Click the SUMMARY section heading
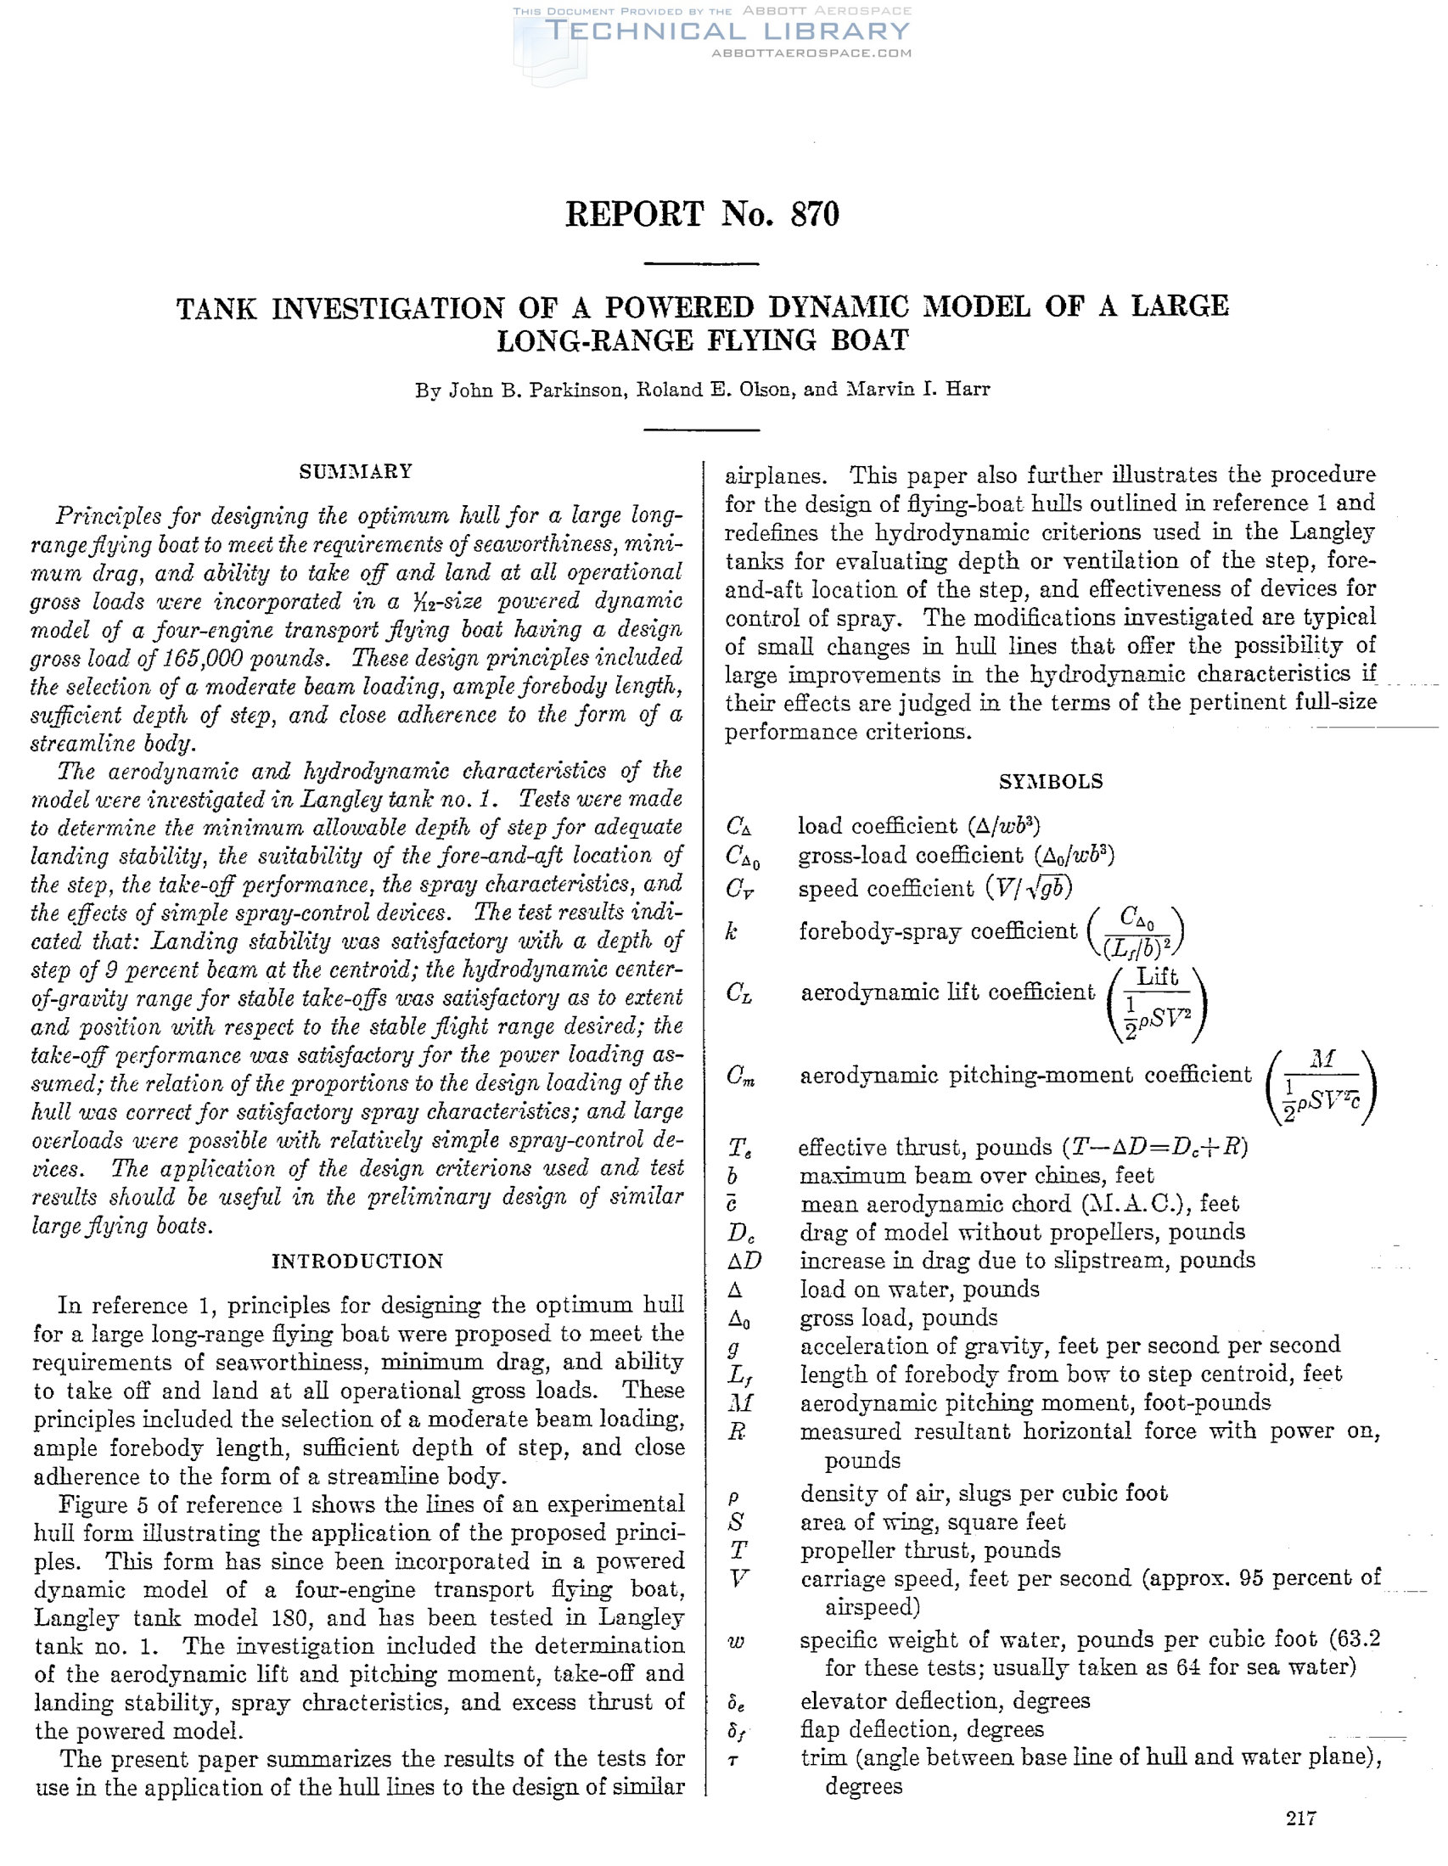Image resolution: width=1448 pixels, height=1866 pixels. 356,472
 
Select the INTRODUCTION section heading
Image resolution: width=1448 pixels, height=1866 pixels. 357,1262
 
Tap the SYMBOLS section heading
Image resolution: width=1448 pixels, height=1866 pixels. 1051,782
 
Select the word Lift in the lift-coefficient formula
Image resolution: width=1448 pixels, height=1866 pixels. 1157,977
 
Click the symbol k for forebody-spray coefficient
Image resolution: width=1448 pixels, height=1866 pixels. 732,931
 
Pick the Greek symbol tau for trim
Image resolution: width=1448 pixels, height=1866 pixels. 733,1759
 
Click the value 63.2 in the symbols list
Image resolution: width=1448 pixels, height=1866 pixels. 1356,1639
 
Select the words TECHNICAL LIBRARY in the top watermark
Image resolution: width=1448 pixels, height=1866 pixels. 727,31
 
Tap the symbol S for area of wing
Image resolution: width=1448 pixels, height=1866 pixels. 735,1522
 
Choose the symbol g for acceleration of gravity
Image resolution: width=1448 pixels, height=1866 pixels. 733,1347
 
